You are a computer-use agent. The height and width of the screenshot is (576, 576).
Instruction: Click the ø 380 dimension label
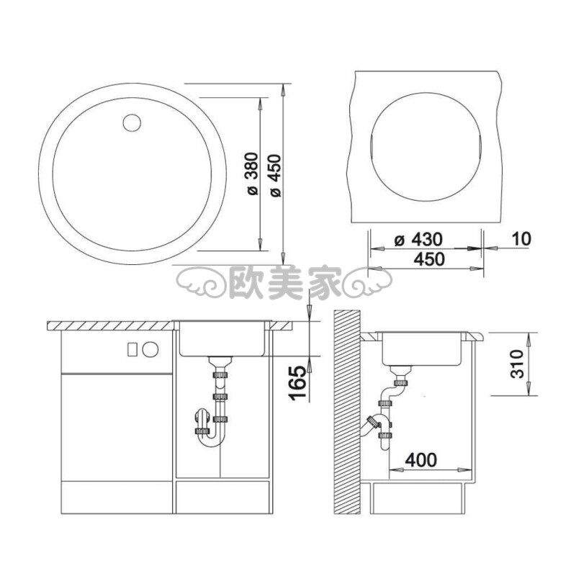[x=253, y=173]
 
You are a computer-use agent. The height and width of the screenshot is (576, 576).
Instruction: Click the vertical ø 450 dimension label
[x=275, y=175]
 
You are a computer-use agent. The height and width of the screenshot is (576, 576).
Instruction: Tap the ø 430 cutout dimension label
[x=418, y=240]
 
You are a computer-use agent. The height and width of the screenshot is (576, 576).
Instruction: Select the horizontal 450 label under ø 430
[x=429, y=259]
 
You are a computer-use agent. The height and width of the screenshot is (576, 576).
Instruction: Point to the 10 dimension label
[x=521, y=239]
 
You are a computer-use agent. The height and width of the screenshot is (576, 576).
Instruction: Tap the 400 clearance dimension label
[x=421, y=459]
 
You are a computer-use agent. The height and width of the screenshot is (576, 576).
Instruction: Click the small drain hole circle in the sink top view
[x=132, y=123]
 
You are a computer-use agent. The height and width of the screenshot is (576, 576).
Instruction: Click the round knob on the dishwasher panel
[x=150, y=348]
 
